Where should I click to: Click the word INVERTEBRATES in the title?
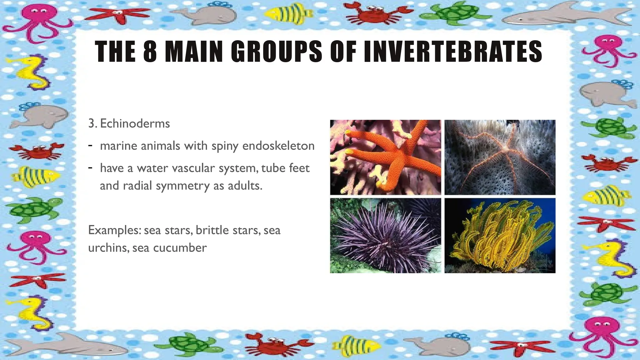coord(453,51)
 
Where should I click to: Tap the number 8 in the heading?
coord(150,51)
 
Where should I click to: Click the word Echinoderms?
coord(135,124)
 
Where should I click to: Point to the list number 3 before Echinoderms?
coord(92,124)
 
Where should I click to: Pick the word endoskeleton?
coord(278,146)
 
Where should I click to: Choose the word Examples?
coord(114,231)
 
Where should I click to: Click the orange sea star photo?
coord(385,157)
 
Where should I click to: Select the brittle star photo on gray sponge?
coord(500,157)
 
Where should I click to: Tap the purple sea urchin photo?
coord(385,235)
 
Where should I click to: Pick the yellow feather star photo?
coord(500,235)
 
